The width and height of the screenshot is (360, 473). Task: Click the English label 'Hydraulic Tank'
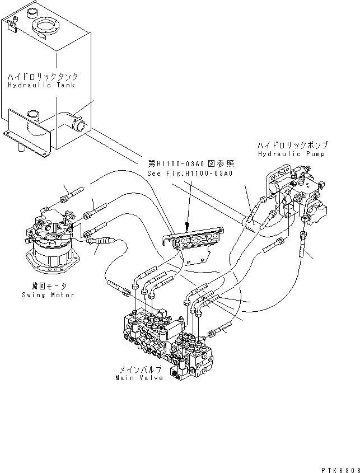coord(41,85)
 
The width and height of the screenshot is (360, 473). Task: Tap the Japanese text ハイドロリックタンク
coord(43,76)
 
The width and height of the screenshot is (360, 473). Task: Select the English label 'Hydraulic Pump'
coord(293,153)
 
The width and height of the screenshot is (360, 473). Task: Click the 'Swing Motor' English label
coord(48,294)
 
